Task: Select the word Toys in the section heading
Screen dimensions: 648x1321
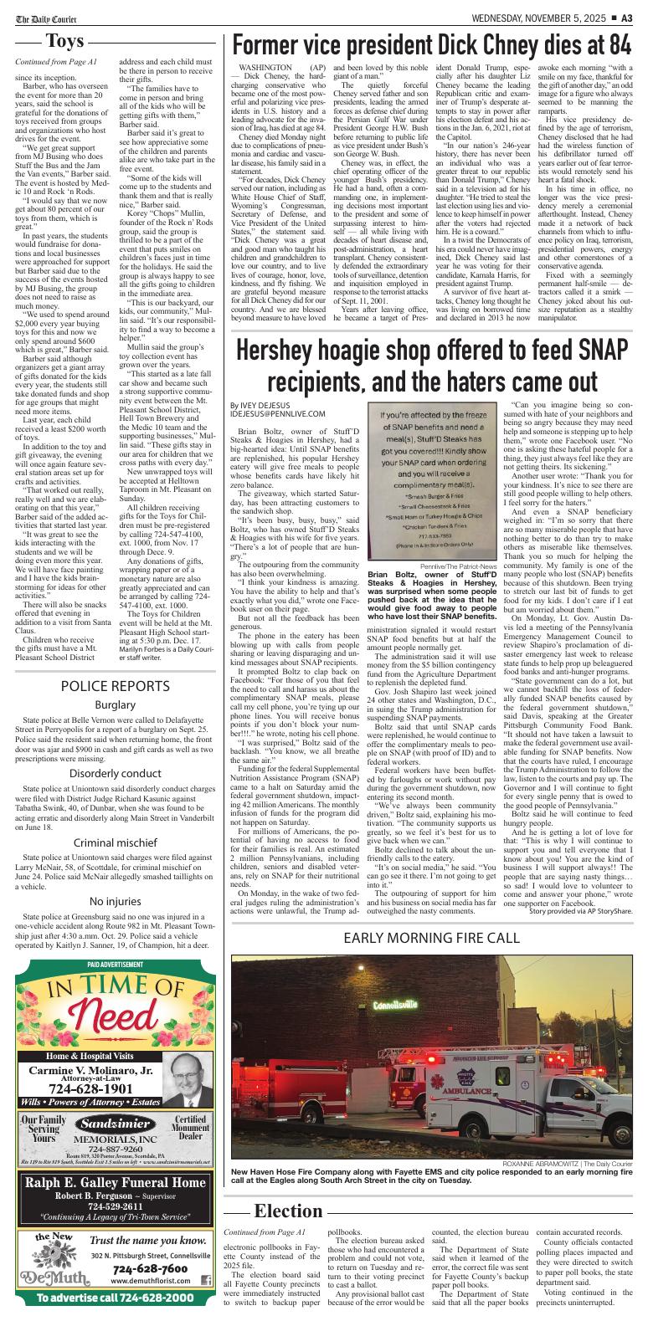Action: (69, 42)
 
